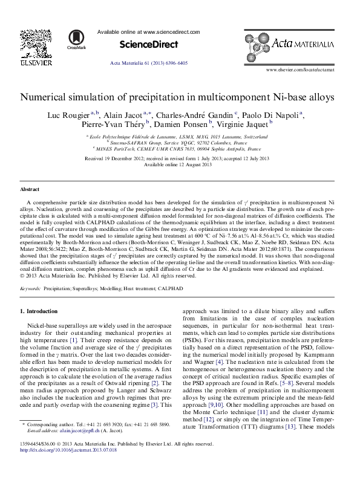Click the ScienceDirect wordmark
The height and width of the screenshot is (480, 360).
(149, 44)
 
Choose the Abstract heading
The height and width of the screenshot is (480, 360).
(31, 189)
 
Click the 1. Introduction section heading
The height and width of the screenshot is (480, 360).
(39, 311)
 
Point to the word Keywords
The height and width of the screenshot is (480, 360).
(30, 290)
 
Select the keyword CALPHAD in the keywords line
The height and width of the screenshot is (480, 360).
(168, 290)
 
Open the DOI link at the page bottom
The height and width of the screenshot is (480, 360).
(57, 467)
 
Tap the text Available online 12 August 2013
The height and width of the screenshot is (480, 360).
(177, 165)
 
